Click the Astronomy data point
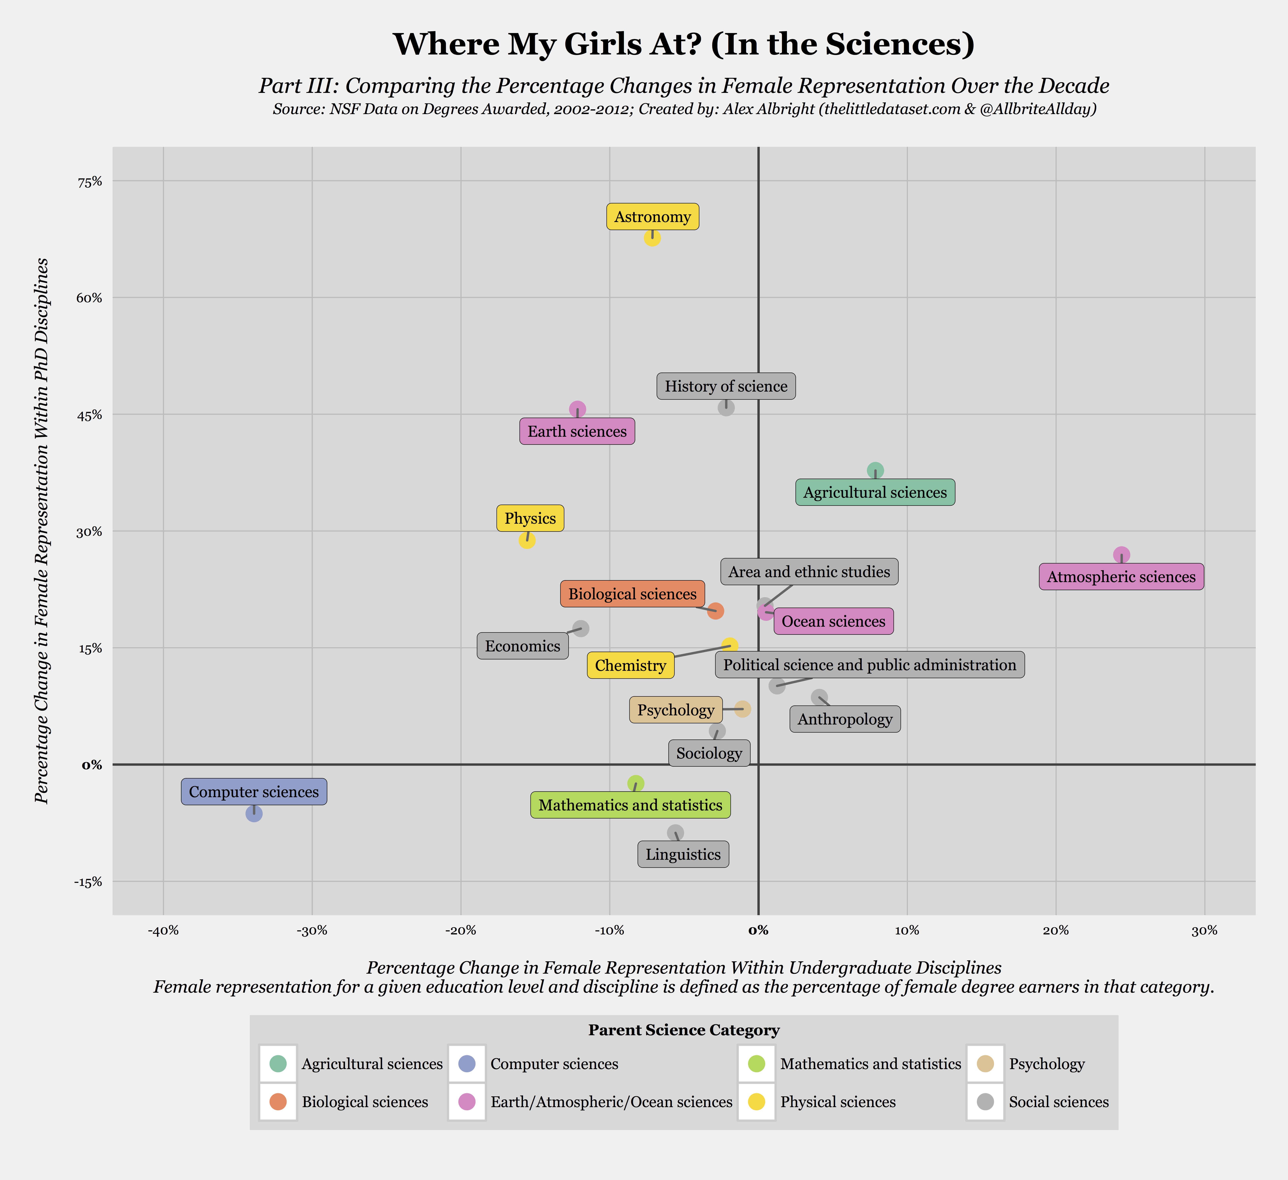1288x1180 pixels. [652, 238]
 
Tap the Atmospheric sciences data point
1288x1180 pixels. [1121, 555]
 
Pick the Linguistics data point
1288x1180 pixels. [675, 833]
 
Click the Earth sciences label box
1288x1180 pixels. [577, 432]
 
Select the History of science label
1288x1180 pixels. [726, 386]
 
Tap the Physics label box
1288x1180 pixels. [530, 519]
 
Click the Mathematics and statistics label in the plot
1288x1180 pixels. [630, 805]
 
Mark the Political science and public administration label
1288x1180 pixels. [870, 665]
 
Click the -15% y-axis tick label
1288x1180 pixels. [88, 882]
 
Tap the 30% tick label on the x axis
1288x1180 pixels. [1204, 931]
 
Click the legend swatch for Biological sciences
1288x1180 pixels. [278, 1101]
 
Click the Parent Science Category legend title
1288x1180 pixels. [684, 1030]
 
